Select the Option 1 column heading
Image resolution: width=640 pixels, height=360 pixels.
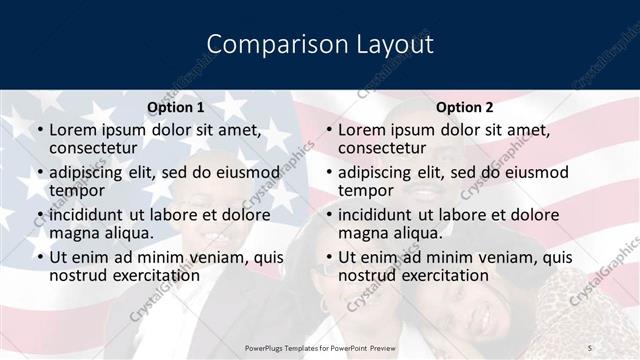(175, 107)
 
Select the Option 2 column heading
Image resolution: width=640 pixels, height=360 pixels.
(465, 107)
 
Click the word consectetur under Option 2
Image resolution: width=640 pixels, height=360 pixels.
(382, 148)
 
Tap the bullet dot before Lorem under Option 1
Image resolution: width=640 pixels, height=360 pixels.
(39, 131)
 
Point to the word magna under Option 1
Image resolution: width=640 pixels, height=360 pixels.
(75, 233)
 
